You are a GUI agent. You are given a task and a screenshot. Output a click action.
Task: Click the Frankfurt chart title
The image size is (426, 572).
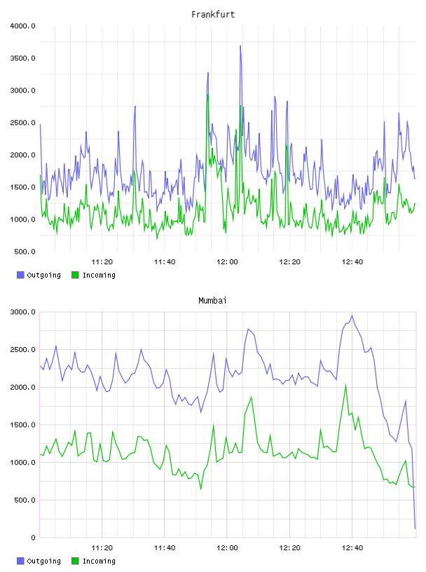tap(213, 14)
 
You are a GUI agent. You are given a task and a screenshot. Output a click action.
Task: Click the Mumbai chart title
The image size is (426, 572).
tap(212, 300)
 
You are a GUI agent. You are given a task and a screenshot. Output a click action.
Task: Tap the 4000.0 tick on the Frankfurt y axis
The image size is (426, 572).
tap(22, 26)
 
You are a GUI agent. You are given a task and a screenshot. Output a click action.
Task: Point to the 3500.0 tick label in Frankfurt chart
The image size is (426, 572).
tap(22, 58)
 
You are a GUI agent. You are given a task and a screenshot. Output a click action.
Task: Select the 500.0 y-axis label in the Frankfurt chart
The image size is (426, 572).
tap(25, 252)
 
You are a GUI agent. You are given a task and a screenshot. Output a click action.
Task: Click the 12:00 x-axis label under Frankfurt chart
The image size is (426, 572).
tap(227, 261)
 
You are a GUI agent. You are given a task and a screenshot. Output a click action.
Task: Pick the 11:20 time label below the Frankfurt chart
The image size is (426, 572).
tap(102, 261)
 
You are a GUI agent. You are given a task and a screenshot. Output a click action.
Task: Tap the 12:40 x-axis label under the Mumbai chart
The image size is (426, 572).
tap(352, 547)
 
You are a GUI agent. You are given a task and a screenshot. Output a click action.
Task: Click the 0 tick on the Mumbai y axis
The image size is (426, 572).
tap(33, 538)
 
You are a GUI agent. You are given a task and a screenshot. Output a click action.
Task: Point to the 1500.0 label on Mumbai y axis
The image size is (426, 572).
tap(22, 425)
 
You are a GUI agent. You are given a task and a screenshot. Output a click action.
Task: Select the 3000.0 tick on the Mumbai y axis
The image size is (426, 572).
tap(22, 312)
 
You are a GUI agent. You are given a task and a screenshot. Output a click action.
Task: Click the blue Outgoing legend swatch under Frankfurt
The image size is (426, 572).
tap(20, 275)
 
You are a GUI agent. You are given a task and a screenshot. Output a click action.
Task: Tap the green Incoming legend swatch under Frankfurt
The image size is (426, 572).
tap(75, 275)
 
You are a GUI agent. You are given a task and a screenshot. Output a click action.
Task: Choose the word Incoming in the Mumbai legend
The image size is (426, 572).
tap(99, 561)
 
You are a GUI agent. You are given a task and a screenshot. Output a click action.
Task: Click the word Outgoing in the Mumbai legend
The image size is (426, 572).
tap(43, 561)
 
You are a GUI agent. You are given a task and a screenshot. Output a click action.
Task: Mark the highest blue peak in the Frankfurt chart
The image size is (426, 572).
tap(240, 46)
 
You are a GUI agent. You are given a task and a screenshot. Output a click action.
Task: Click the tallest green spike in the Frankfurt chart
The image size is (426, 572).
tap(208, 95)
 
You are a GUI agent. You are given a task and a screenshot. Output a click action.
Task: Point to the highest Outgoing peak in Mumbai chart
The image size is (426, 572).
tap(352, 316)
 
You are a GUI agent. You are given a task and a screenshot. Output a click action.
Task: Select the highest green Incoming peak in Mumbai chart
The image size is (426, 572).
tap(345, 386)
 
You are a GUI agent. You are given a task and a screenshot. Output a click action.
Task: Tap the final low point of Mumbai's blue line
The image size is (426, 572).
tap(415, 529)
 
